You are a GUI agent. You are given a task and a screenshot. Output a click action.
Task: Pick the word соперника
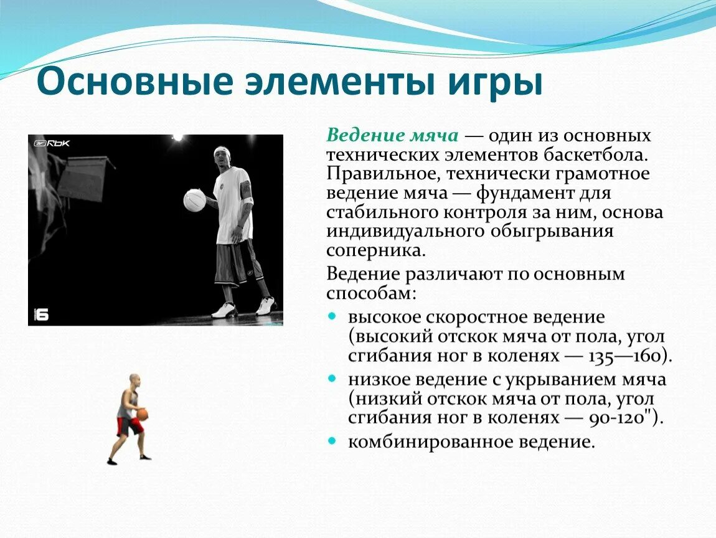coord(376,250)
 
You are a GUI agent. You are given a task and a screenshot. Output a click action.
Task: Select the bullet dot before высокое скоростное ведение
coord(333,316)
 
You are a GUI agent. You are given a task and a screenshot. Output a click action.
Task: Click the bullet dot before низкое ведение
coord(333,379)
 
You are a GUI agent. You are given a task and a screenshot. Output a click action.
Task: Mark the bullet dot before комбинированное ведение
coord(333,441)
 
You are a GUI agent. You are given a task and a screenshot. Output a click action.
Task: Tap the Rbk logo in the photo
coord(53,143)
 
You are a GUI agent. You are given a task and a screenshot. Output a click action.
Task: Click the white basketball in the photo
coord(195,201)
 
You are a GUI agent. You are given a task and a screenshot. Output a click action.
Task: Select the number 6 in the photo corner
coord(41,314)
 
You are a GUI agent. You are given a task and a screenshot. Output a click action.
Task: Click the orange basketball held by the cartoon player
coord(143,414)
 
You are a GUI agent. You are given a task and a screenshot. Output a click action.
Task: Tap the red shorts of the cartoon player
coord(130,427)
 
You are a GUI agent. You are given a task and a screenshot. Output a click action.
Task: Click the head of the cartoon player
coord(134,380)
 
